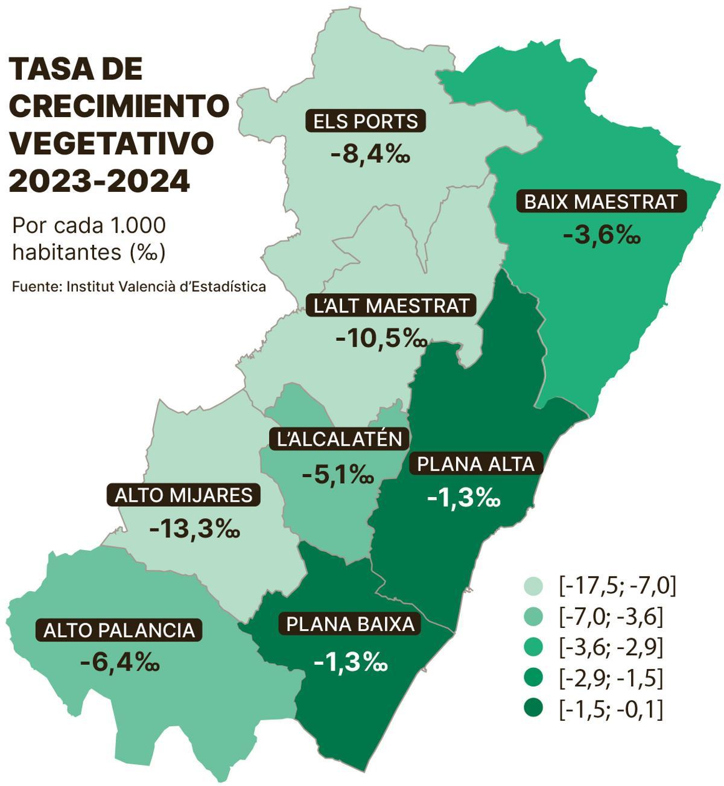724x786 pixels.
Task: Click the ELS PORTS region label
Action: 366,121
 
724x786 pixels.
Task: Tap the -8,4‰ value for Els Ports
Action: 370,155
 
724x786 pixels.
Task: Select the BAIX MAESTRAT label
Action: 601,201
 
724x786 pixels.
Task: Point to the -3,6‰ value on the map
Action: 601,235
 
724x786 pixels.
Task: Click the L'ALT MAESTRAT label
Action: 392,306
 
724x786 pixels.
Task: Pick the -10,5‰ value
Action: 381,339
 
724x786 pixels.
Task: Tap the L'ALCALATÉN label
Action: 339,439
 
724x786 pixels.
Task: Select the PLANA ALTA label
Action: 476,464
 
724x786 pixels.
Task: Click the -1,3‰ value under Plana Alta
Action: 463,498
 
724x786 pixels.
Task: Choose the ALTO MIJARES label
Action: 183,495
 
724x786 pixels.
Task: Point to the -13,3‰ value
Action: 194,530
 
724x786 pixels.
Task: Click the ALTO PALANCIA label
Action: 119,630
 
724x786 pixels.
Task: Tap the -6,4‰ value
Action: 119,663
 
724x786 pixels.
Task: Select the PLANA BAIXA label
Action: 351,624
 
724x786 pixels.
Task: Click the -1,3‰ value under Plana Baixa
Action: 351,662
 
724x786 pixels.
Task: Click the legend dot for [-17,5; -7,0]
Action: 533,586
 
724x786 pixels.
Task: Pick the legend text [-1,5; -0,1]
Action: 611,709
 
